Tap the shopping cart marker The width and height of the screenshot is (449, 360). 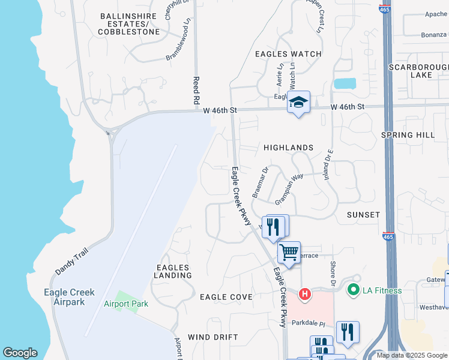289,253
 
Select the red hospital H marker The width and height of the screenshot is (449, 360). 305,294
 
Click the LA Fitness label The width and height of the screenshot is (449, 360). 382,291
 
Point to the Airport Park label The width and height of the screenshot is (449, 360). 125,304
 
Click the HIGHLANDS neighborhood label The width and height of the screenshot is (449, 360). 288,148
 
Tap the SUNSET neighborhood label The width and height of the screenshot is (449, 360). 363,215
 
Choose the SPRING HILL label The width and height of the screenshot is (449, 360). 408,135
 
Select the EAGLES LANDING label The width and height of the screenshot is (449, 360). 174,271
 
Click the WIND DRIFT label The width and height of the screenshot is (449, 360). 209,337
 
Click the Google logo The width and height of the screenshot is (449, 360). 20,353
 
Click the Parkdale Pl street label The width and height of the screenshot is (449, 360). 308,323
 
